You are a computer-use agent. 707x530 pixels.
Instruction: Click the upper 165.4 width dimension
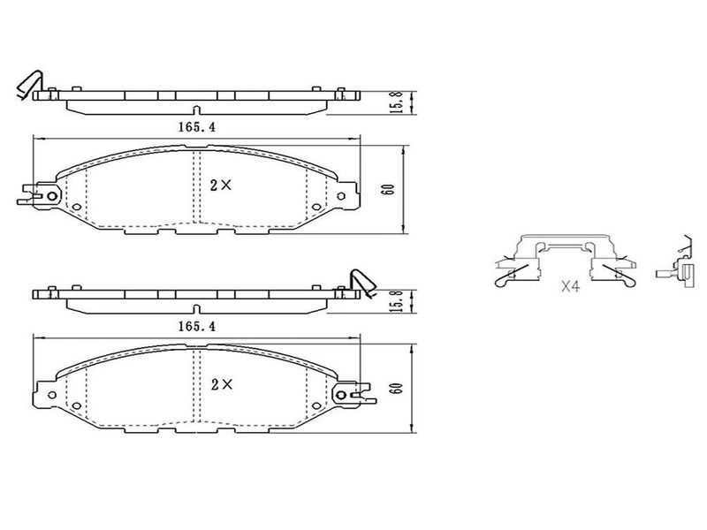coord(197,127)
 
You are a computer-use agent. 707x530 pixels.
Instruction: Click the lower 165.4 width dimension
coord(197,326)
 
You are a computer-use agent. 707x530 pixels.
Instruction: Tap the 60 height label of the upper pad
coord(388,189)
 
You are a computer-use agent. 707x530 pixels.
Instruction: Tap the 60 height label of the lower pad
coord(397,388)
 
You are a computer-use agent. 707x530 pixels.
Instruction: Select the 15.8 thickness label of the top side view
coord(396,102)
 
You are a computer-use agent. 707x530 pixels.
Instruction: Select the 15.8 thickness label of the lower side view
coord(396,300)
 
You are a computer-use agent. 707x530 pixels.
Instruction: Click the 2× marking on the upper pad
coord(221,185)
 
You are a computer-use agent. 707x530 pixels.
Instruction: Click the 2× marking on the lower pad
coord(222,384)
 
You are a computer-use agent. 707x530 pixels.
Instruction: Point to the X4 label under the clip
coord(570,285)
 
